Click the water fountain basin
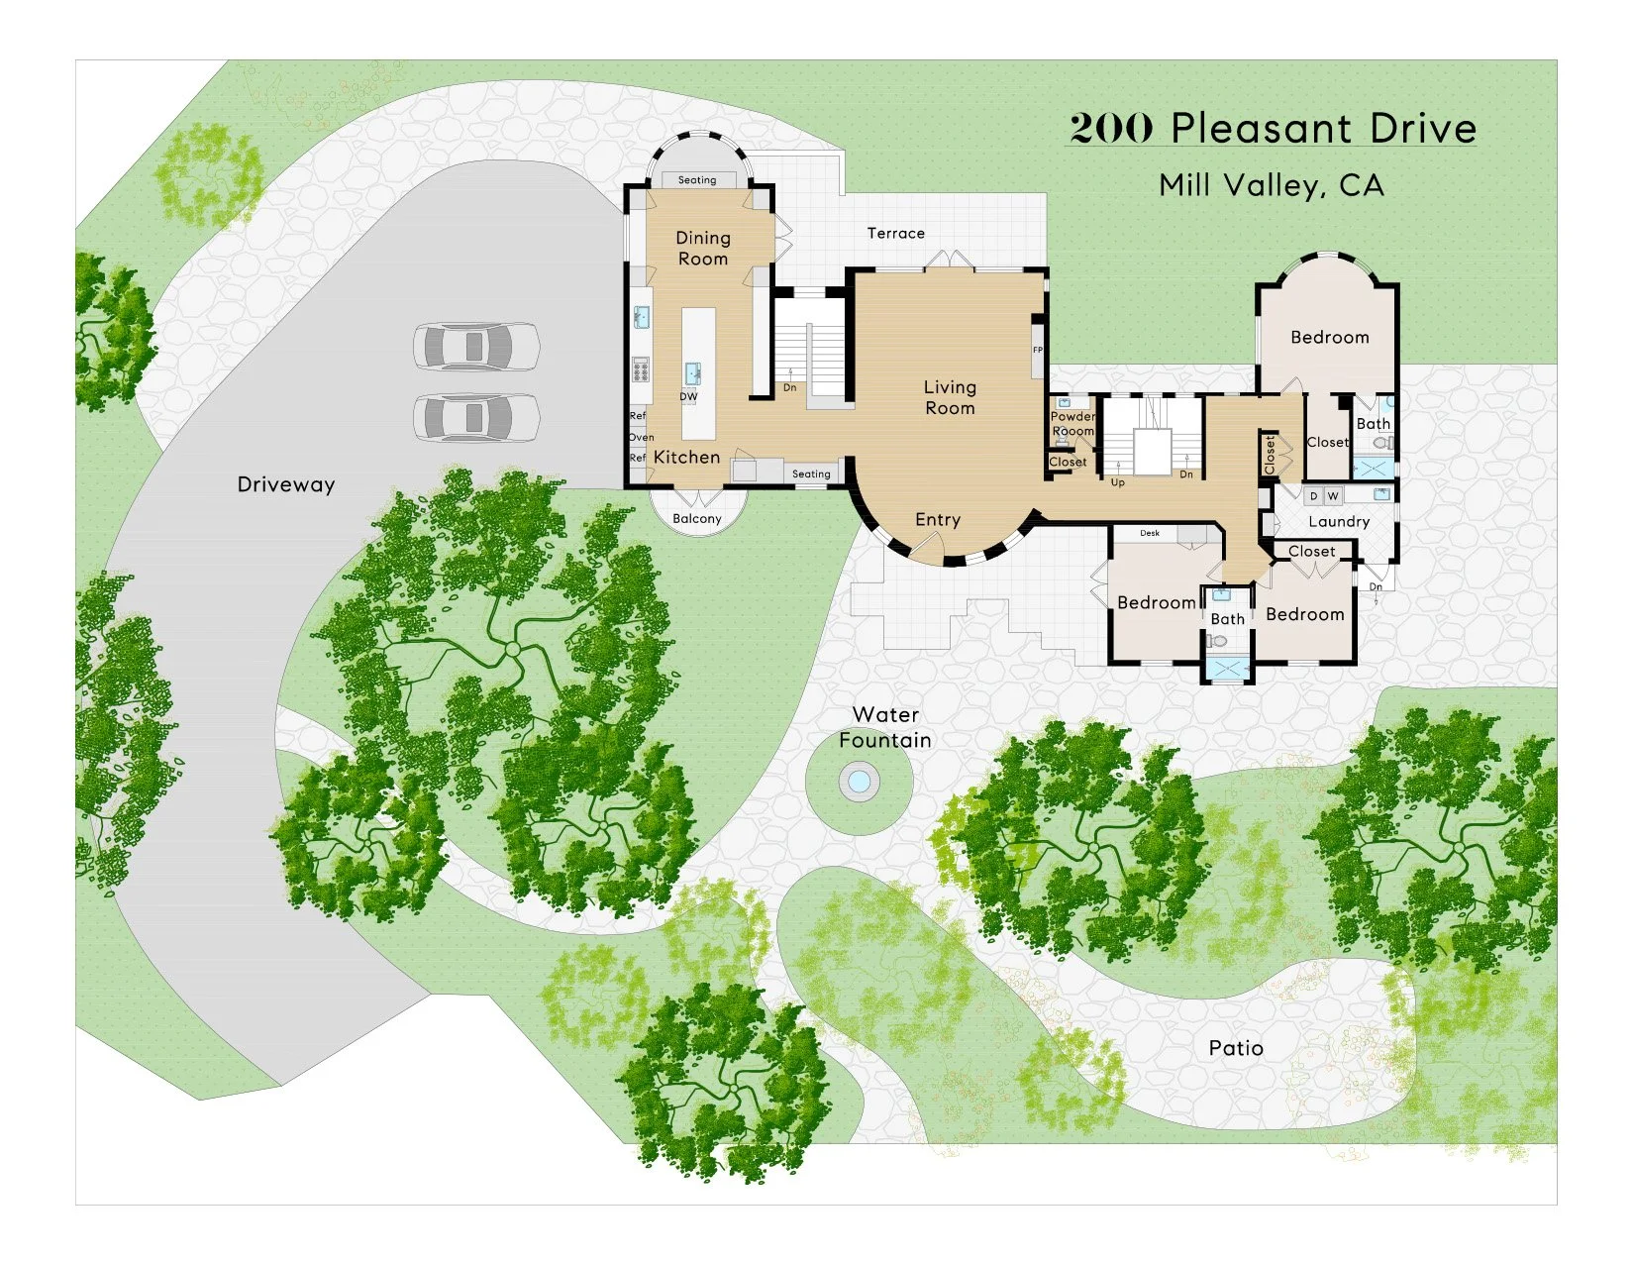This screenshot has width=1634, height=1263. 859,783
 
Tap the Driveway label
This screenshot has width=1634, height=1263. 286,484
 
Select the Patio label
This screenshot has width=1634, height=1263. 1236,1048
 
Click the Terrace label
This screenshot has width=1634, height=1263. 896,234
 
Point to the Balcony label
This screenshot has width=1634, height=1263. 697,519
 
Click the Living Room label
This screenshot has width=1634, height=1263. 950,397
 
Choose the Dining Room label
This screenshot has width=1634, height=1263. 703,249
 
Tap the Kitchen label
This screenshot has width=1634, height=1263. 686,457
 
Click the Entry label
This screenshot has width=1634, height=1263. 938,520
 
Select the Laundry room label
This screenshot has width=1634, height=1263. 1339,522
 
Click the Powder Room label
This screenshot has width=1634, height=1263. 1072,424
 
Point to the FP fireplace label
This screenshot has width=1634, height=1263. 1038,351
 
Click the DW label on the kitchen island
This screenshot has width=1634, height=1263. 688,397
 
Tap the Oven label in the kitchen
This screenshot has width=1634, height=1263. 641,437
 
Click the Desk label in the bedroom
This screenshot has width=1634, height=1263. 1150,533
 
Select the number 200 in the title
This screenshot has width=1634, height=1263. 1111,129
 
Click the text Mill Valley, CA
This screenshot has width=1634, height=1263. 1272,185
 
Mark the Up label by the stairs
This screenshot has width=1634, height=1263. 1117,482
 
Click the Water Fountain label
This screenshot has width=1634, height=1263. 885,727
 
